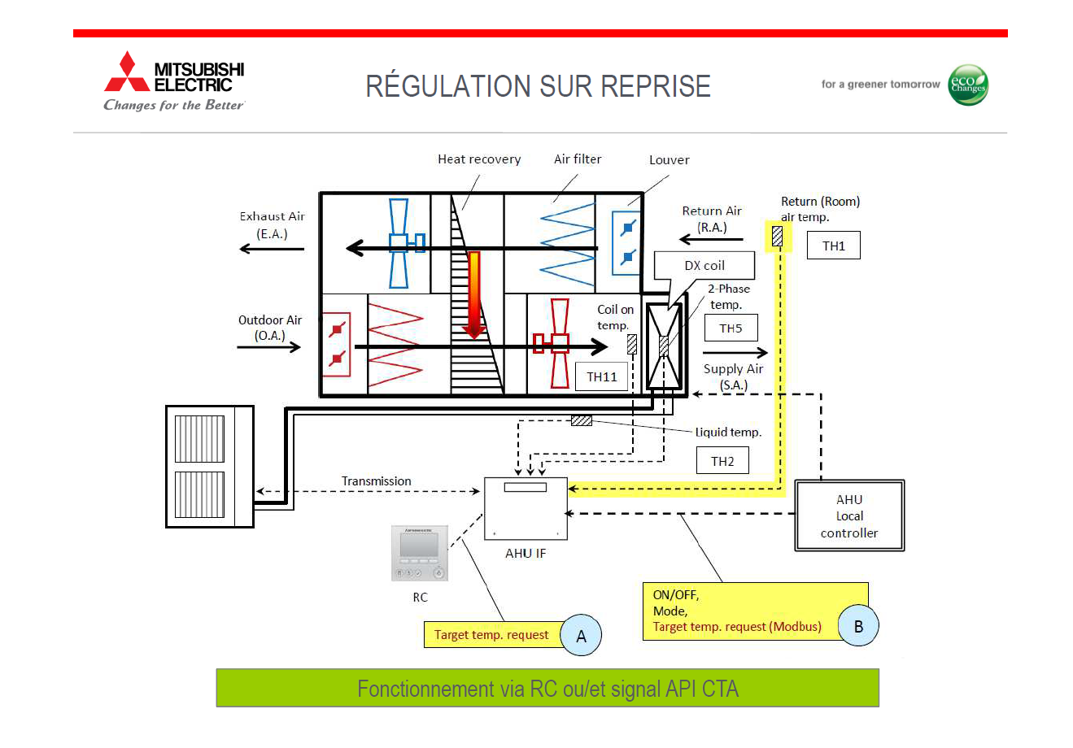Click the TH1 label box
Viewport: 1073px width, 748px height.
(833, 246)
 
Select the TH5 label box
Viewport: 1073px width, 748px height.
(731, 328)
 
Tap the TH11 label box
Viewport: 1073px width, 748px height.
(602, 376)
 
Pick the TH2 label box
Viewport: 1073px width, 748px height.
(722, 461)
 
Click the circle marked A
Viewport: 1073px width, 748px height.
(581, 636)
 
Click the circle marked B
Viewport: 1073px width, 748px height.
(858, 626)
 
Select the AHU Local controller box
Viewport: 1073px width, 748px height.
(849, 516)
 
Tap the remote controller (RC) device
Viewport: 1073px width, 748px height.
(420, 553)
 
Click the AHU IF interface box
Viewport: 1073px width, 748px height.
(526, 509)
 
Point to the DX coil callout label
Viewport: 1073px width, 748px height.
(704, 266)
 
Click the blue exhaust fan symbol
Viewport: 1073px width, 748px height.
(399, 243)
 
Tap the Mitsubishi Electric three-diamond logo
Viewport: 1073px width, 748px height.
(127, 73)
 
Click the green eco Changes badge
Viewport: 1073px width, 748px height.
(968, 85)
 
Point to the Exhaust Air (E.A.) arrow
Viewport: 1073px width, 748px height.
(272, 248)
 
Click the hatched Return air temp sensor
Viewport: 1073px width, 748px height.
(777, 236)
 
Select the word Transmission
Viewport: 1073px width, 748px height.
(376, 481)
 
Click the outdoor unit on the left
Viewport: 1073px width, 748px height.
(210, 467)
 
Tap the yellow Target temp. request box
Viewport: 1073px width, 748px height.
(491, 635)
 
